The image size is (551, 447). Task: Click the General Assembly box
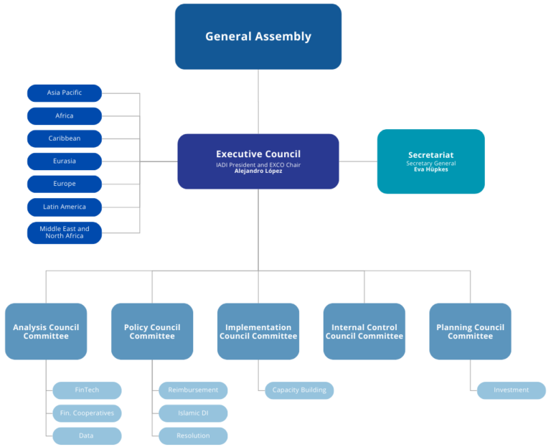click(x=258, y=37)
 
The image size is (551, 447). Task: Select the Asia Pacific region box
click(x=65, y=93)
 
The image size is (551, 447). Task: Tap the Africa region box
click(x=65, y=116)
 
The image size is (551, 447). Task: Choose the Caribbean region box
click(x=65, y=138)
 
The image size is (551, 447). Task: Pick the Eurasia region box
click(x=65, y=161)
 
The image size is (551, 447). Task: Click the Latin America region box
click(x=65, y=207)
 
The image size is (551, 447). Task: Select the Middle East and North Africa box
click(x=65, y=232)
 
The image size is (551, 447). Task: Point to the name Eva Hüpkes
click(x=430, y=170)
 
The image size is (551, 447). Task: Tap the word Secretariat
click(x=430, y=155)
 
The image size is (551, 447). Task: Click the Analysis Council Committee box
click(x=46, y=331)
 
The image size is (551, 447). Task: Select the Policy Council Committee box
click(x=152, y=331)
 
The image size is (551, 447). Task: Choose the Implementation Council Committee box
click(x=258, y=331)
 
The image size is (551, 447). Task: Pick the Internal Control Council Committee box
click(x=364, y=331)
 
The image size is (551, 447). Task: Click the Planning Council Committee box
click(x=470, y=331)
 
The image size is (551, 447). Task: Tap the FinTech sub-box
click(x=87, y=390)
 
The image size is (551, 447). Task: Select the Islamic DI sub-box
click(x=193, y=413)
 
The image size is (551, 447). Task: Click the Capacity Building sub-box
click(x=299, y=390)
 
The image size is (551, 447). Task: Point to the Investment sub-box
click(x=512, y=390)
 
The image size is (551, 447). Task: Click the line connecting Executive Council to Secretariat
click(x=358, y=161)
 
